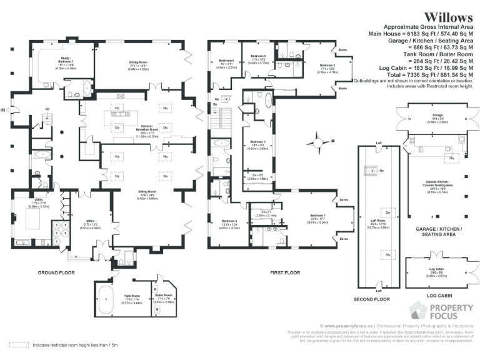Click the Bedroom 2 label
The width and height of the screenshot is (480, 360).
328,65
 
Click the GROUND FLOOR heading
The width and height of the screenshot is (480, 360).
57,273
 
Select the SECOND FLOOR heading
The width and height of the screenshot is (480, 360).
372,300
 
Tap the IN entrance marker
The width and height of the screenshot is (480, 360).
4,111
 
